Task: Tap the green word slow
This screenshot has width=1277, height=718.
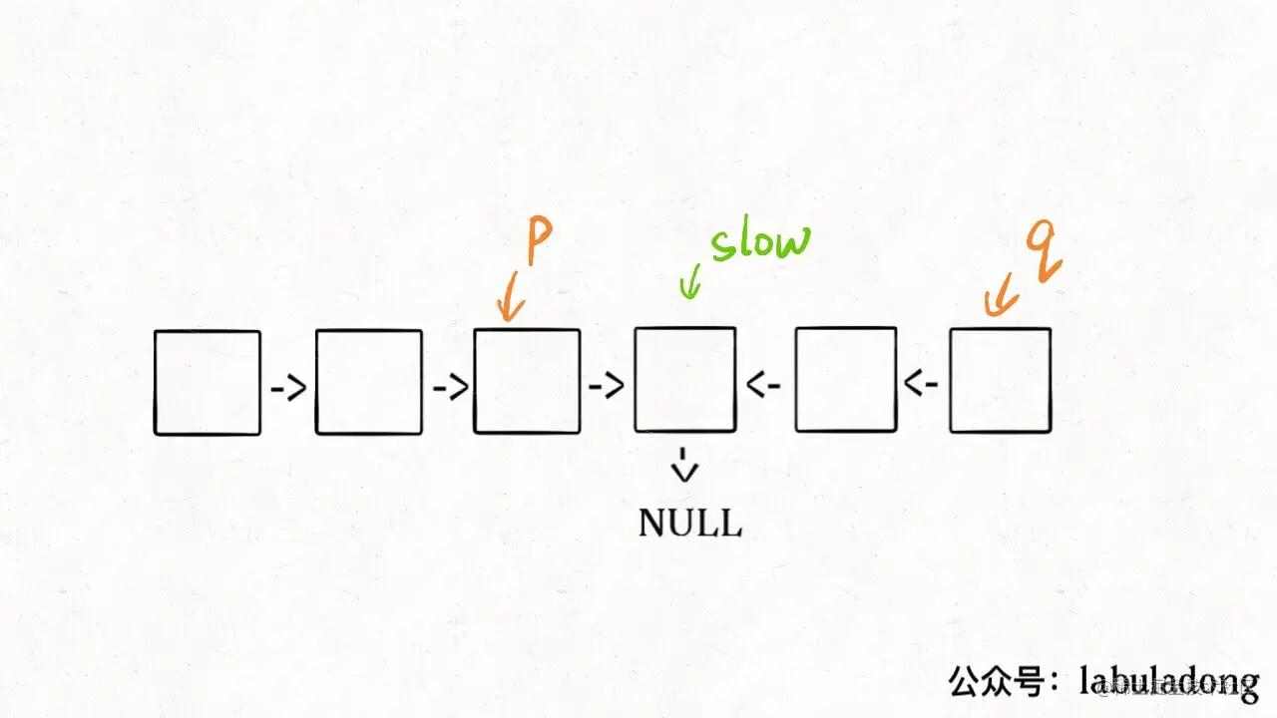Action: pyautogui.click(x=760, y=242)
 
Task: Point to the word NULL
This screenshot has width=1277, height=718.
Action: pyautogui.click(x=690, y=523)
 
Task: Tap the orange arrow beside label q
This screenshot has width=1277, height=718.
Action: pyautogui.click(x=1001, y=296)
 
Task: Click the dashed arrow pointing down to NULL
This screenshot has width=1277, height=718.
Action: pyautogui.click(x=684, y=465)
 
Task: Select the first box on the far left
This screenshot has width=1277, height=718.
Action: pyautogui.click(x=208, y=383)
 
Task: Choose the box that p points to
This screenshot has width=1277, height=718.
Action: pyautogui.click(x=527, y=381)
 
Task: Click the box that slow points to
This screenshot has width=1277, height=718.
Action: pyautogui.click(x=685, y=380)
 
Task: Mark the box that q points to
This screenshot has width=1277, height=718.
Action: pyautogui.click(x=1000, y=380)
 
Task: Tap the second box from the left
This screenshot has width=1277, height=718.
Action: pyautogui.click(x=369, y=383)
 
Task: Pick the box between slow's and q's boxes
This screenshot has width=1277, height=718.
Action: pyautogui.click(x=846, y=380)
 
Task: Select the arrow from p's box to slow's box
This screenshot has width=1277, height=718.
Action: pyautogui.click(x=607, y=386)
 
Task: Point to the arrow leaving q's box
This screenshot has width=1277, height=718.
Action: pyautogui.click(x=922, y=383)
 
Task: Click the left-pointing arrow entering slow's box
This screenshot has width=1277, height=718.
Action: pyautogui.click(x=764, y=385)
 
